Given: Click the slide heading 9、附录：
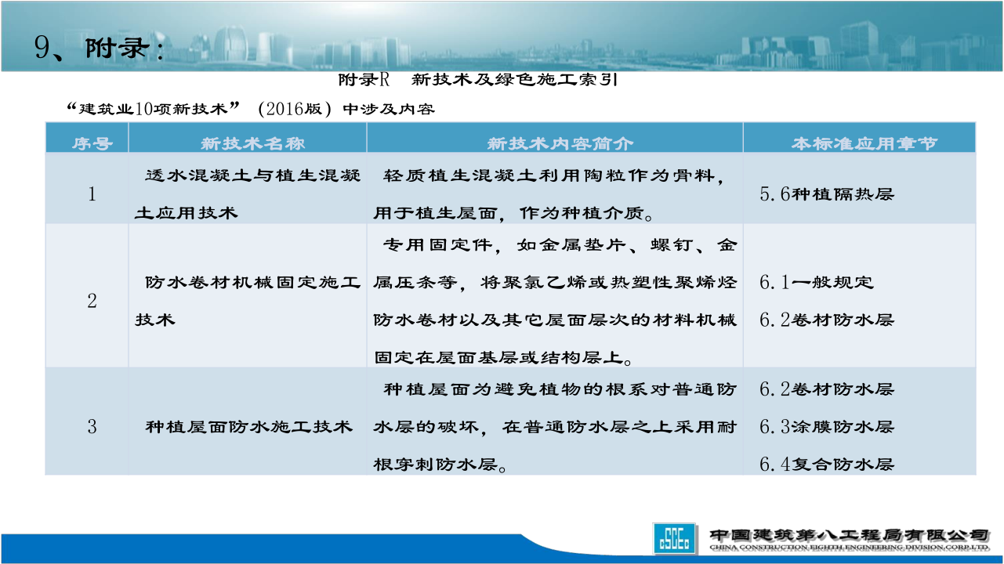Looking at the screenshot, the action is [x=99, y=48].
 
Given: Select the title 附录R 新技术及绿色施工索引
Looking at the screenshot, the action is [x=478, y=80].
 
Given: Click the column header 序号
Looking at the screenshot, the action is [x=92, y=143].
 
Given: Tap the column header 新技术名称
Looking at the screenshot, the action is [x=252, y=143].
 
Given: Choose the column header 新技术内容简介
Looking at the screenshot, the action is [x=560, y=143].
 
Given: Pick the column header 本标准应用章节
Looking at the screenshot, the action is [x=864, y=143].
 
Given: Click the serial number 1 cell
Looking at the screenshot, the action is [x=92, y=194].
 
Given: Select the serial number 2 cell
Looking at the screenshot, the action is [x=92, y=301].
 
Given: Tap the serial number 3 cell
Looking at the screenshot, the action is [x=92, y=426].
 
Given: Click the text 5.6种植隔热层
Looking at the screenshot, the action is [x=827, y=194].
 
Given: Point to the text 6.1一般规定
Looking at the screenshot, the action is [x=817, y=282].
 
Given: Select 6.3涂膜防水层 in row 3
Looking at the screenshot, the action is [x=827, y=426].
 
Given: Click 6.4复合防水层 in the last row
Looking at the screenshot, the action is [x=827, y=464].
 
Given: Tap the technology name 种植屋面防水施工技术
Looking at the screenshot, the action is [x=248, y=426].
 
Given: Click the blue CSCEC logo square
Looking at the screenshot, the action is [x=674, y=538].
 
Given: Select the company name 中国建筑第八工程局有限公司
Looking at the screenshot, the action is [x=850, y=534].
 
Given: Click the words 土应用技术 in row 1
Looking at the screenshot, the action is [x=186, y=213].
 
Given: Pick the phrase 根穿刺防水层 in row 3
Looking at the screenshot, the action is [x=436, y=465].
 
